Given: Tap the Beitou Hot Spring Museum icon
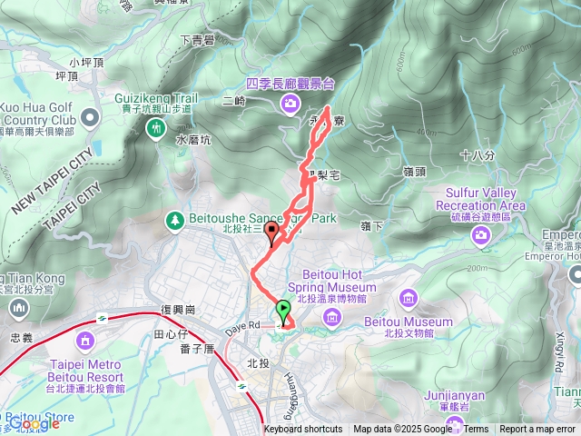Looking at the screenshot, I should point(331,317).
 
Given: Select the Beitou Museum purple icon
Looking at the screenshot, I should point(408,298).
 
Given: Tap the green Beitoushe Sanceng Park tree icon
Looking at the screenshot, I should point(173,220).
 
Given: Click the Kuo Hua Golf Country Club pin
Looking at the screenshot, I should point(90,118).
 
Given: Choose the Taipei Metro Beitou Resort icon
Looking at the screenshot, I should point(86,342).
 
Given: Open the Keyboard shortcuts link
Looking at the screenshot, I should point(303,430).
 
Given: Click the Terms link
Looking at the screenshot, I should point(476,430).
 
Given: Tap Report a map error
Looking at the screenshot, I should point(537,430).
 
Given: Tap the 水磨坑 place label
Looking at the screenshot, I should point(192,141).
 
